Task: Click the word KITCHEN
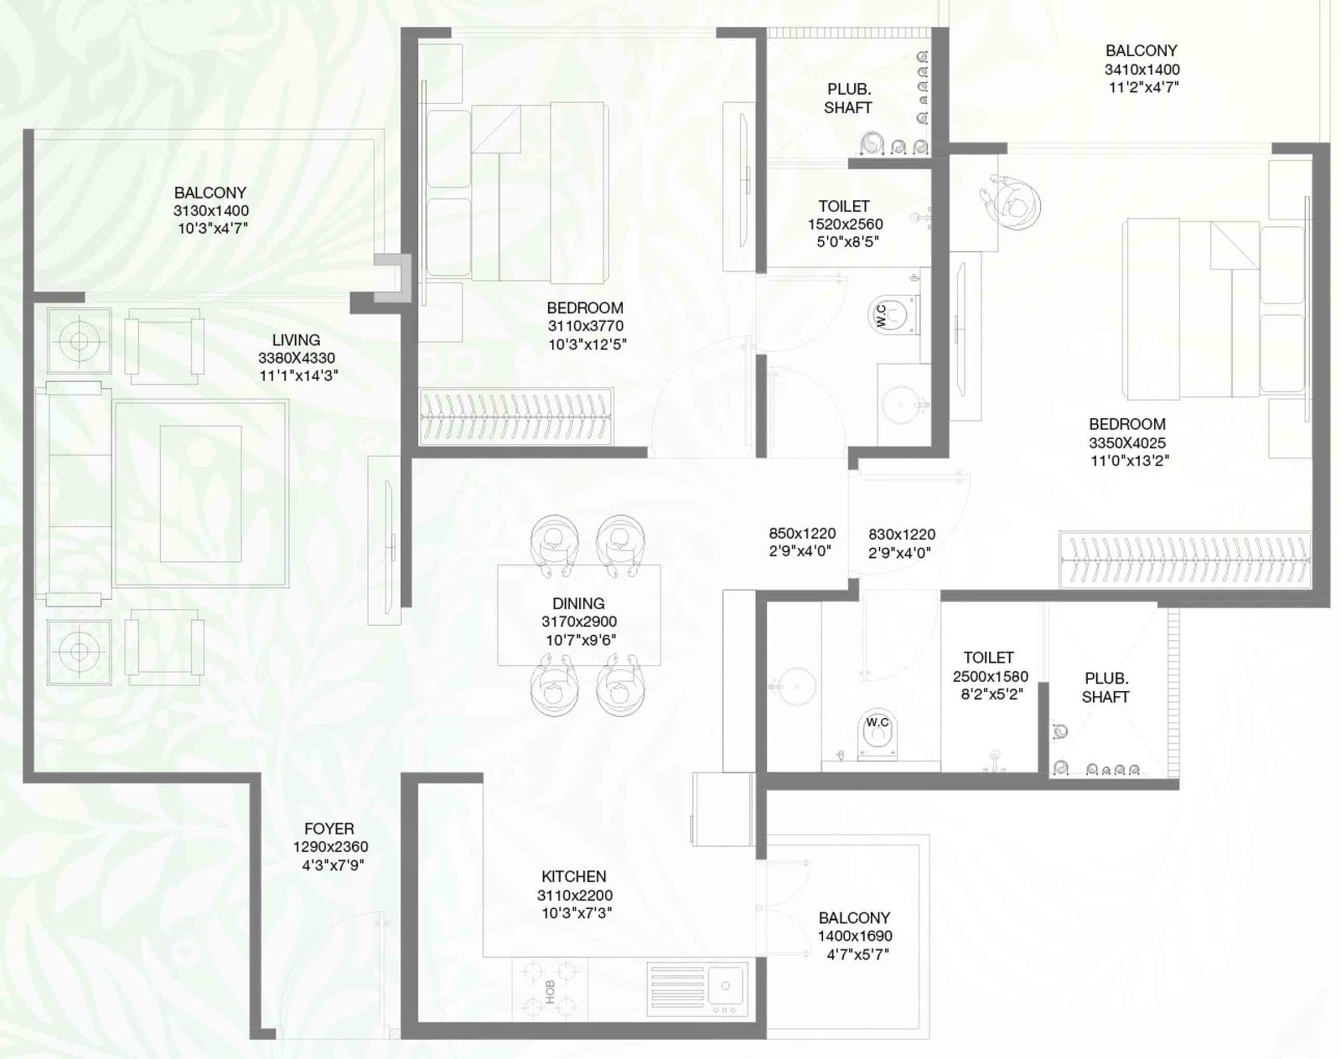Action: pos(573,876)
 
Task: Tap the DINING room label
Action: pos(578,603)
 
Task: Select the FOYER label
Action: pos(329,829)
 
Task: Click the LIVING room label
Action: pos(296,340)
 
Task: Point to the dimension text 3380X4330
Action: pos(297,359)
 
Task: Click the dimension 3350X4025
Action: pos(1127,443)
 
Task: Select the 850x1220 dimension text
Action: pos(802,534)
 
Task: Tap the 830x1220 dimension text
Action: pos(902,535)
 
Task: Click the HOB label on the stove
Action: pos(551,992)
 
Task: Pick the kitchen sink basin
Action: pos(725,985)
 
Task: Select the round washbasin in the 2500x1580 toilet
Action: pos(797,686)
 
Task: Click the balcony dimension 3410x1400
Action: pos(1142,70)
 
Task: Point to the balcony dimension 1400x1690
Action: pos(855,937)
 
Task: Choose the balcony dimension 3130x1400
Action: pos(211,210)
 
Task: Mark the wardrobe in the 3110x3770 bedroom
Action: pos(516,416)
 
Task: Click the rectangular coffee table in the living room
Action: pos(200,494)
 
